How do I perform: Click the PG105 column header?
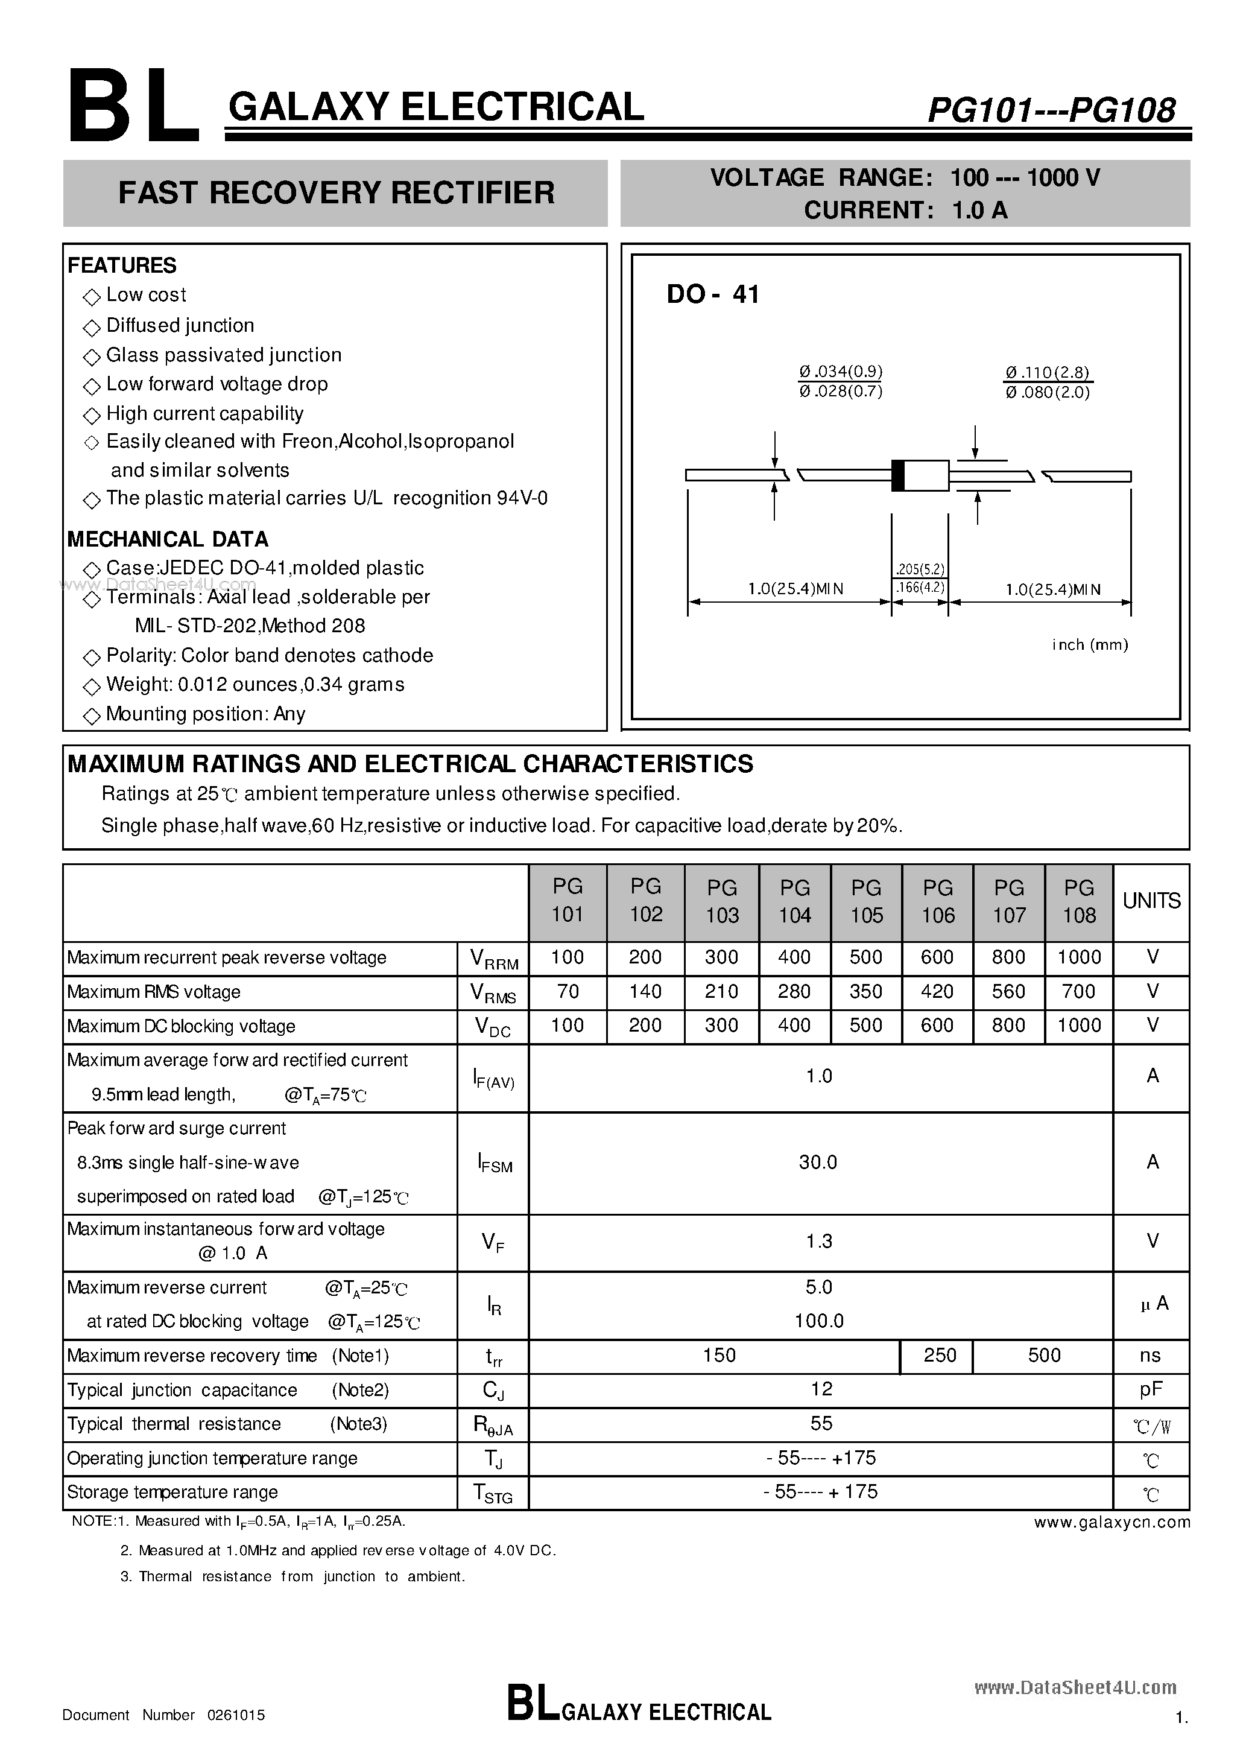pos(866,901)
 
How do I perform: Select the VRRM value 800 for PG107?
pos(1008,957)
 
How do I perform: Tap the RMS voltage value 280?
pos(794,991)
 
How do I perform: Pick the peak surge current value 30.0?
pos(818,1162)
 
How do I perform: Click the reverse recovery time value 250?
pos(940,1354)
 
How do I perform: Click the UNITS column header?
pos(1151,901)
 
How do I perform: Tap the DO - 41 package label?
pos(713,294)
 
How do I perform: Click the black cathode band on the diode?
pos(897,475)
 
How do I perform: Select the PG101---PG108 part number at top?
pos(1051,110)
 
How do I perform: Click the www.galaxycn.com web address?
pos(1112,1522)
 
